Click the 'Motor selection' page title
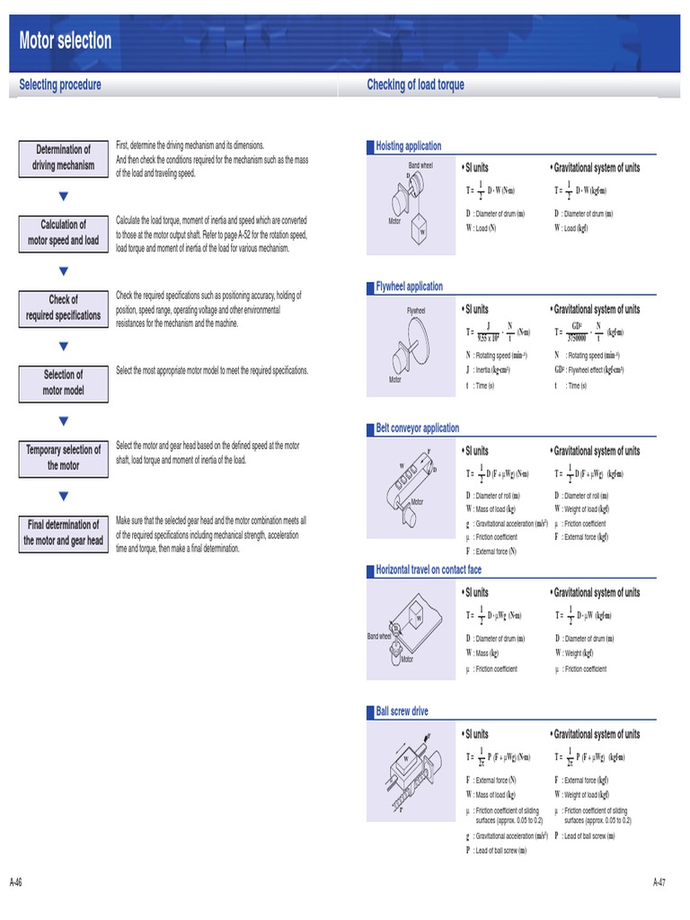click(x=66, y=40)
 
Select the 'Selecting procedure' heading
click(x=60, y=85)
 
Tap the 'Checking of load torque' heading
click(x=415, y=85)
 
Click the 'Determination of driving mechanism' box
click(x=63, y=157)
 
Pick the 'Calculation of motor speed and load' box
click(x=63, y=233)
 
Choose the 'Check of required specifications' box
click(x=63, y=307)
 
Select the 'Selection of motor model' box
click(x=63, y=383)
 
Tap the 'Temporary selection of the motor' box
click(x=63, y=457)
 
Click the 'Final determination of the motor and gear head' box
click(x=63, y=533)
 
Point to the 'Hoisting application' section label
click(x=408, y=146)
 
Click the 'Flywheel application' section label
click(x=409, y=287)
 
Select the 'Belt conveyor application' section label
click(x=417, y=429)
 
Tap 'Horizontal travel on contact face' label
click(x=428, y=570)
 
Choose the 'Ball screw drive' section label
click(x=402, y=712)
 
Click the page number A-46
click(x=16, y=881)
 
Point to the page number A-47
click(x=659, y=881)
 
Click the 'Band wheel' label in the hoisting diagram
click(x=420, y=165)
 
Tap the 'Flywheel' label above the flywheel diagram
click(x=416, y=311)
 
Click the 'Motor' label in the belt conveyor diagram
click(x=417, y=502)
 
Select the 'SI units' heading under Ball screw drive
click(x=476, y=734)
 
